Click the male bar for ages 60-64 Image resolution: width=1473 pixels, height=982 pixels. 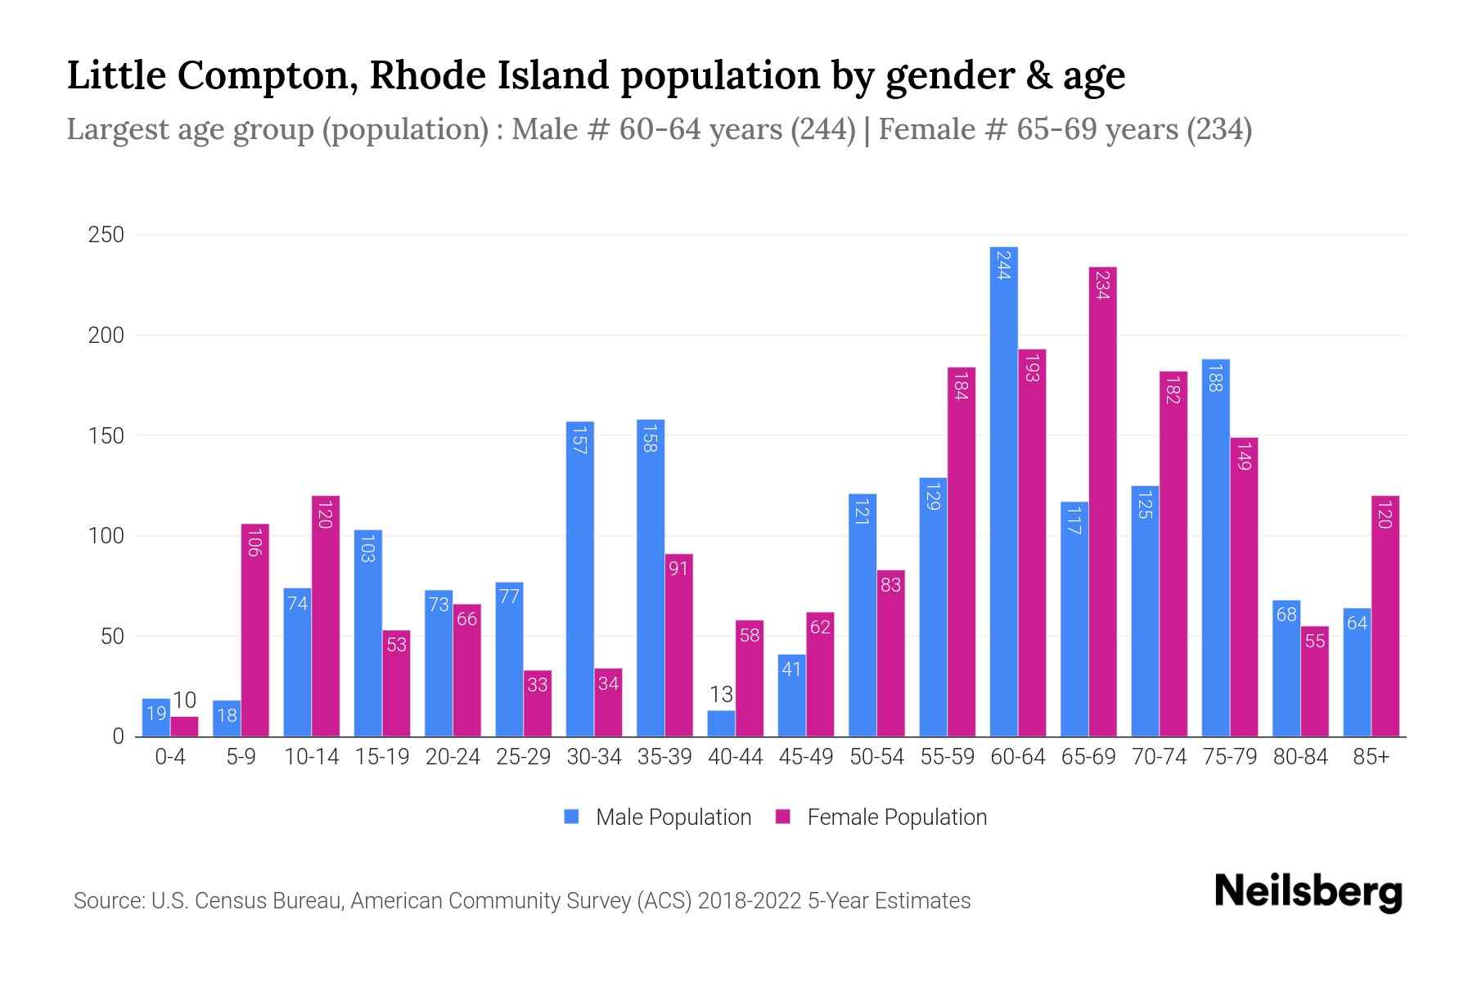pyautogui.click(x=1003, y=491)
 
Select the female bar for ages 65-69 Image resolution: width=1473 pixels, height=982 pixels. pyautogui.click(x=1102, y=502)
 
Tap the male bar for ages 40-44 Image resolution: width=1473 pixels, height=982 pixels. pyautogui.click(x=721, y=723)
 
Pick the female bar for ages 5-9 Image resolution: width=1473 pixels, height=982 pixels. pyautogui.click(x=255, y=630)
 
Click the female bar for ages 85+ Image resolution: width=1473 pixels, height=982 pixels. pyautogui.click(x=1385, y=616)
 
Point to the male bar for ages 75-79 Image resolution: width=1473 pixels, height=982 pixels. pyautogui.click(x=1215, y=547)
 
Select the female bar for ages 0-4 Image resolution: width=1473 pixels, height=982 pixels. pyautogui.click(x=184, y=727)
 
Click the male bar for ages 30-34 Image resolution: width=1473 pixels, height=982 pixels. pyautogui.click(x=580, y=579)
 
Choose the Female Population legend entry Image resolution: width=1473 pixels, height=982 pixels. pyautogui.click(x=881, y=818)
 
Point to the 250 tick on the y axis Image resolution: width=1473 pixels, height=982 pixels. pyautogui.click(x=106, y=235)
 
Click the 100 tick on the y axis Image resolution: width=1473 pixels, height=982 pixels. pyautogui.click(x=106, y=536)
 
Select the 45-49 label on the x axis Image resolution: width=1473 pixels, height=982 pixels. pyautogui.click(x=805, y=757)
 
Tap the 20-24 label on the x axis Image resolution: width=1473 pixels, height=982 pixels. pyautogui.click(x=453, y=757)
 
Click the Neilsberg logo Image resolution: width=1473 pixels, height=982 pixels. pyautogui.click(x=1308, y=892)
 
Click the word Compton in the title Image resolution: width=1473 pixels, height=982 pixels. pyautogui.click(x=265, y=75)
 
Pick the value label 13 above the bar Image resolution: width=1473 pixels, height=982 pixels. pyautogui.click(x=721, y=695)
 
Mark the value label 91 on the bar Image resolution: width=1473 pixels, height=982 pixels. pyautogui.click(x=678, y=567)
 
